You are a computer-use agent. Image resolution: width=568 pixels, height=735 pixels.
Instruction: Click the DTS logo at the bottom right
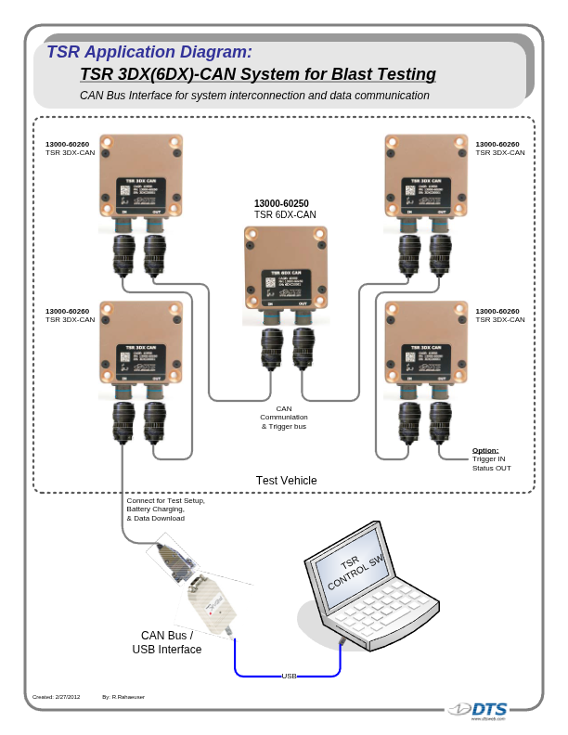(482, 710)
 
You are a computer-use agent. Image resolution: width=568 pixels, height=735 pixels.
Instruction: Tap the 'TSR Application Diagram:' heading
(148, 52)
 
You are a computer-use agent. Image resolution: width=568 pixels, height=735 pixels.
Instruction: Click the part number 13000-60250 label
(281, 203)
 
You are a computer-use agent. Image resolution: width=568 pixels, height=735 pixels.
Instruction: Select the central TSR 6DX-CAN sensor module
(286, 266)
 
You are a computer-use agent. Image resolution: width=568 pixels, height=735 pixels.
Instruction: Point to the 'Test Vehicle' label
(286, 481)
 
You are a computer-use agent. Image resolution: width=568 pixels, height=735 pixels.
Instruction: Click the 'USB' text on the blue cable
(289, 677)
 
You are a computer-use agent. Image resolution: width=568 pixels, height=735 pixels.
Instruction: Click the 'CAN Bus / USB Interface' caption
(167, 642)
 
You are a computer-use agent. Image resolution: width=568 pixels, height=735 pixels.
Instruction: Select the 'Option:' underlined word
(485, 450)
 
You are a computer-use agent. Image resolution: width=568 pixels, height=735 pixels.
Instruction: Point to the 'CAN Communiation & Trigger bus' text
(283, 418)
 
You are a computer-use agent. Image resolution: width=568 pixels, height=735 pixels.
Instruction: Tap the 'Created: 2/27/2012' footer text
(56, 696)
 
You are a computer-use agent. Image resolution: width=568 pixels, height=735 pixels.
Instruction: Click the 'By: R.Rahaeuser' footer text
(123, 696)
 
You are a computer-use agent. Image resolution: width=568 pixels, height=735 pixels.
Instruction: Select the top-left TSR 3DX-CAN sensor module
(141, 176)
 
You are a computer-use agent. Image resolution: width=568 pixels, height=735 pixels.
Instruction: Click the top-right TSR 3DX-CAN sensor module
(426, 176)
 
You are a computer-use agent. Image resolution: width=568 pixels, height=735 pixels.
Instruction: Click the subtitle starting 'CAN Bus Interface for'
(254, 96)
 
